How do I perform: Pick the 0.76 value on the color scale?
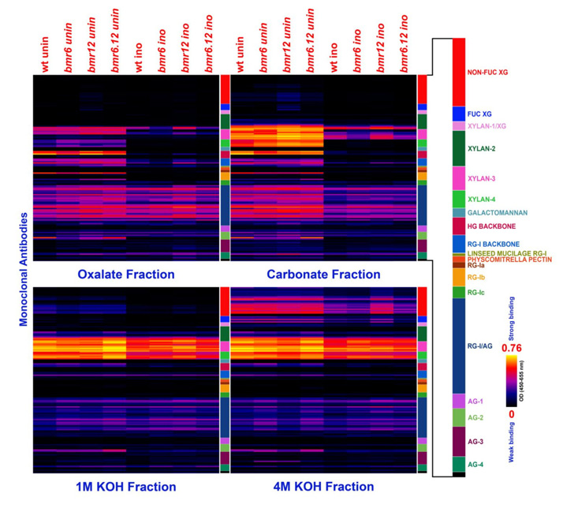(x=516, y=347)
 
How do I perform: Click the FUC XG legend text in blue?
(x=479, y=114)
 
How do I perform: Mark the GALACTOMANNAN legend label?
(x=497, y=212)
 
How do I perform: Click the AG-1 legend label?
(x=475, y=401)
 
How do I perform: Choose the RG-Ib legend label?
(x=475, y=278)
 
